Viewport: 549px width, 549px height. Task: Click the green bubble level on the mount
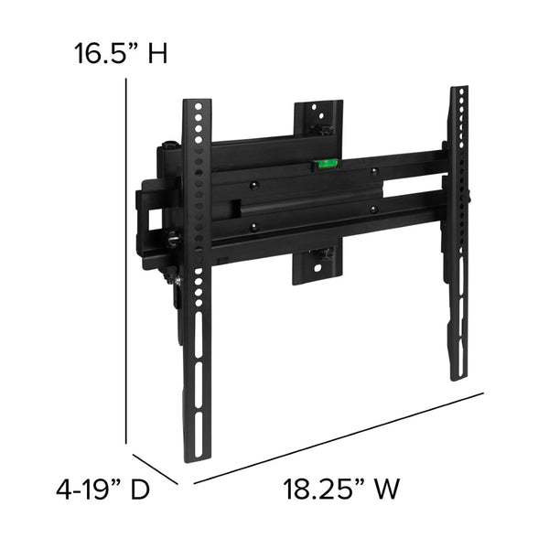tap(323, 166)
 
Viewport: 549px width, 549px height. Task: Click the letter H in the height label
tap(157, 54)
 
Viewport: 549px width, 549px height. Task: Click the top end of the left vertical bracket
tap(196, 108)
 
